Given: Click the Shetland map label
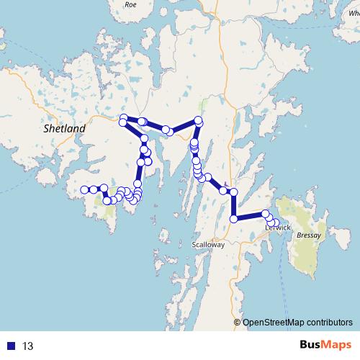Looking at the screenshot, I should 65,128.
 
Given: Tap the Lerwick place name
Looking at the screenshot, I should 277,228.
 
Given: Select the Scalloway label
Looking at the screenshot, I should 209,245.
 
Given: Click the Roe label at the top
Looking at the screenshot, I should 130,4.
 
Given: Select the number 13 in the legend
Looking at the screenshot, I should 28,346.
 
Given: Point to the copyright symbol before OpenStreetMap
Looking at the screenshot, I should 237,323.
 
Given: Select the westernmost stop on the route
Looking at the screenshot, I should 84,189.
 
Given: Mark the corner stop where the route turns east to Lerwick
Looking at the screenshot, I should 234,219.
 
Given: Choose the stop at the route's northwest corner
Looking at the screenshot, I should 124,118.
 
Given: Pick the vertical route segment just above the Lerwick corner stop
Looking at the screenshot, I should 234,206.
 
